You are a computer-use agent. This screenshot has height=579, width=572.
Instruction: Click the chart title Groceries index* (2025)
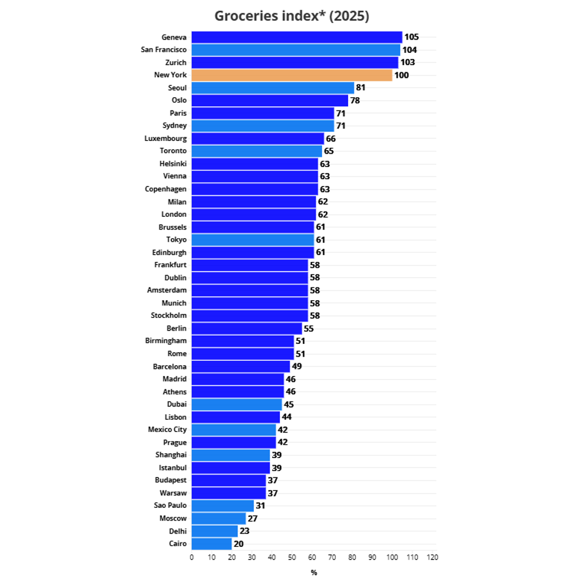[x=291, y=16]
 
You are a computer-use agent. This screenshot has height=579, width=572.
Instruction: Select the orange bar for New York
[x=292, y=75]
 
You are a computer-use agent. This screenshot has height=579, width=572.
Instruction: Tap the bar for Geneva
[x=297, y=37]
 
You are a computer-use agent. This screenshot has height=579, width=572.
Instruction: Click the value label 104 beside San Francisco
[x=410, y=50]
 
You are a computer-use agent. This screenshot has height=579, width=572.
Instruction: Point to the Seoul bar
[x=273, y=88]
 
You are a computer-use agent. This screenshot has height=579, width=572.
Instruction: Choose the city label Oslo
[x=179, y=100]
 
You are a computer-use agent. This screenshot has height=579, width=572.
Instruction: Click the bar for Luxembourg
[x=257, y=139]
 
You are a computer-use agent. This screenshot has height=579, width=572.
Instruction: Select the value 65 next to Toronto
[x=329, y=151]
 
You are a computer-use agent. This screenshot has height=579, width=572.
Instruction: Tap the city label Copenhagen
[x=166, y=189]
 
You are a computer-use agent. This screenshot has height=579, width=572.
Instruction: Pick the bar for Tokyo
[x=253, y=240]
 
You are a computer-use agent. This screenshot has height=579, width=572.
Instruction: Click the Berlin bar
[x=246, y=328]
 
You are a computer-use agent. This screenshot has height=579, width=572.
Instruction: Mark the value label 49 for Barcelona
[x=297, y=366]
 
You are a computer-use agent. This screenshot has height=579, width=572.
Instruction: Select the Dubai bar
[x=237, y=404]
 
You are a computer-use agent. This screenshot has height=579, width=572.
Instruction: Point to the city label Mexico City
[x=167, y=430]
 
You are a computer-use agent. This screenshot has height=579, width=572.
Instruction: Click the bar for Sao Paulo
[x=223, y=505]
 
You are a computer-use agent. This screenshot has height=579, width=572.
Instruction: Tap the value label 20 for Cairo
[x=239, y=544]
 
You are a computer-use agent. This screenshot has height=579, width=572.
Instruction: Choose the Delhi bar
[x=214, y=531]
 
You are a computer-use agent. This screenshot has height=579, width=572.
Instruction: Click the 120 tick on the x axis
[x=432, y=557]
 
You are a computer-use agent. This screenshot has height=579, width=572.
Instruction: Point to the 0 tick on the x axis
[x=192, y=557]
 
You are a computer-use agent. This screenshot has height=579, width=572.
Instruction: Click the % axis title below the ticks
[x=314, y=572]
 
